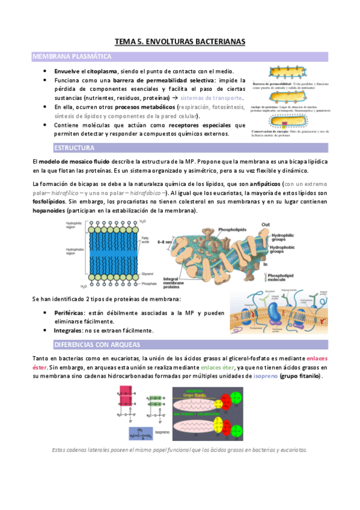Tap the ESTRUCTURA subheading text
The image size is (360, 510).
coord(75,147)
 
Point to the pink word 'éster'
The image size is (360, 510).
coord(40,367)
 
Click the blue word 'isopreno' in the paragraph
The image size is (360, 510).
coord(265,376)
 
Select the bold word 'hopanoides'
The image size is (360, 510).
coord(49,211)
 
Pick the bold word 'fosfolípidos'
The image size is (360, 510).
coord(50,201)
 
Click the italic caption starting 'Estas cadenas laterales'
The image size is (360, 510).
coord(180,450)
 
